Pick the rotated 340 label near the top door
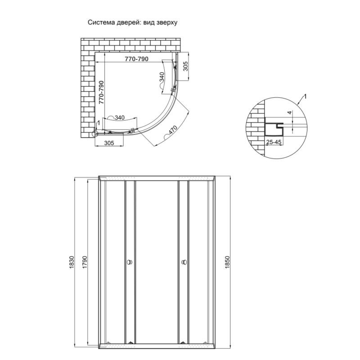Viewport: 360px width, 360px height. (x=162, y=81)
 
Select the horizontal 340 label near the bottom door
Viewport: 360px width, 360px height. (x=119, y=118)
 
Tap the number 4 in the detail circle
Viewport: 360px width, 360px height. (x=290, y=112)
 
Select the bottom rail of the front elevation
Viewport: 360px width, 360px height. (x=157, y=346)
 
